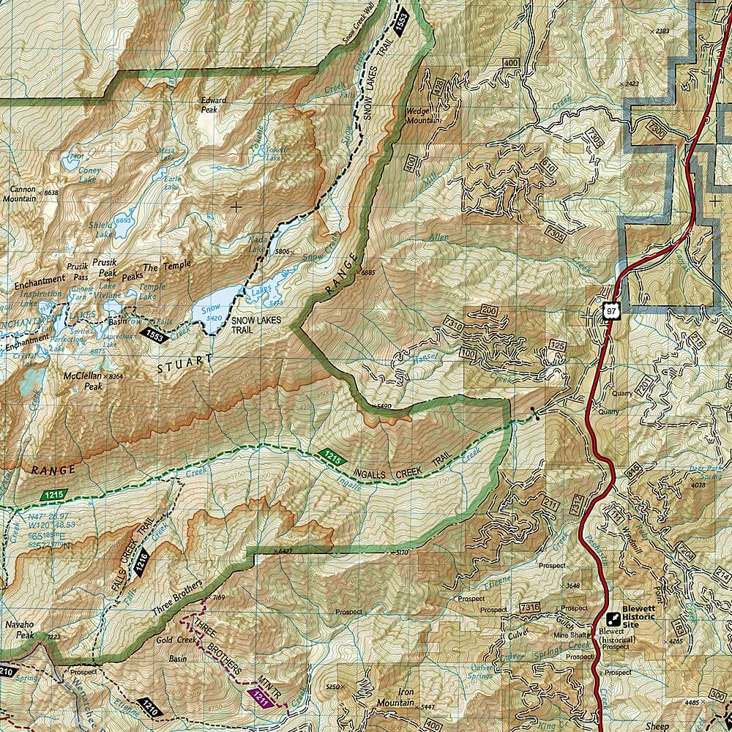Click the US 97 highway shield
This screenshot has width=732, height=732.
(x=610, y=310)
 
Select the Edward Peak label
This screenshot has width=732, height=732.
(x=214, y=105)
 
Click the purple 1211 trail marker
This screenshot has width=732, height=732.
(x=261, y=698)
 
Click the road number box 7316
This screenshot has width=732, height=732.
(x=529, y=607)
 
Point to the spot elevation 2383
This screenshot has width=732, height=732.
(x=662, y=31)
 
